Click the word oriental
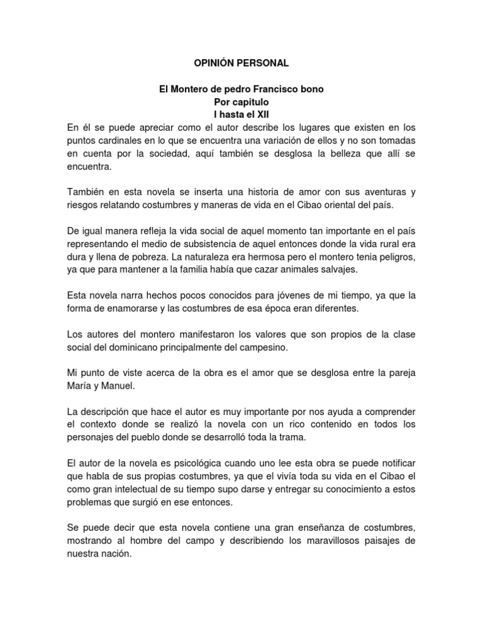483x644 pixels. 338,204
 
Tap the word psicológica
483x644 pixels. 197,462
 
